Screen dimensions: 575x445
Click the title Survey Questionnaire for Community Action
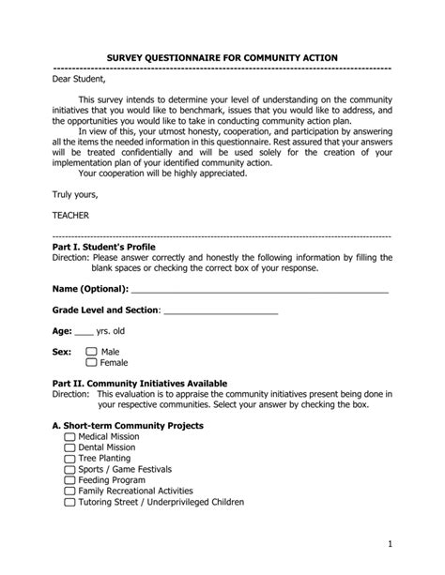(x=222, y=58)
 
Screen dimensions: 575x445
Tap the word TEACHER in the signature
(x=71, y=215)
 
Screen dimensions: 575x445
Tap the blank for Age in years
(x=84, y=331)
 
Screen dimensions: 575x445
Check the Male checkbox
(x=92, y=352)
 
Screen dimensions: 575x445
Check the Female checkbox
(x=92, y=362)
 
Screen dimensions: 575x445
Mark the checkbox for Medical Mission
(x=69, y=437)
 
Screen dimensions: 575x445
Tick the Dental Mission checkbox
(x=69, y=447)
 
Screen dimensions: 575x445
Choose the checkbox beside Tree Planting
(x=69, y=459)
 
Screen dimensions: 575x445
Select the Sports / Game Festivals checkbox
(x=69, y=469)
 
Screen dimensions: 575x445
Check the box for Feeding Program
(x=69, y=480)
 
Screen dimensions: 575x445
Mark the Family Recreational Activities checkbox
(x=69, y=491)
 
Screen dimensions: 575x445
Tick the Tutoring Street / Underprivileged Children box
(x=69, y=502)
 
